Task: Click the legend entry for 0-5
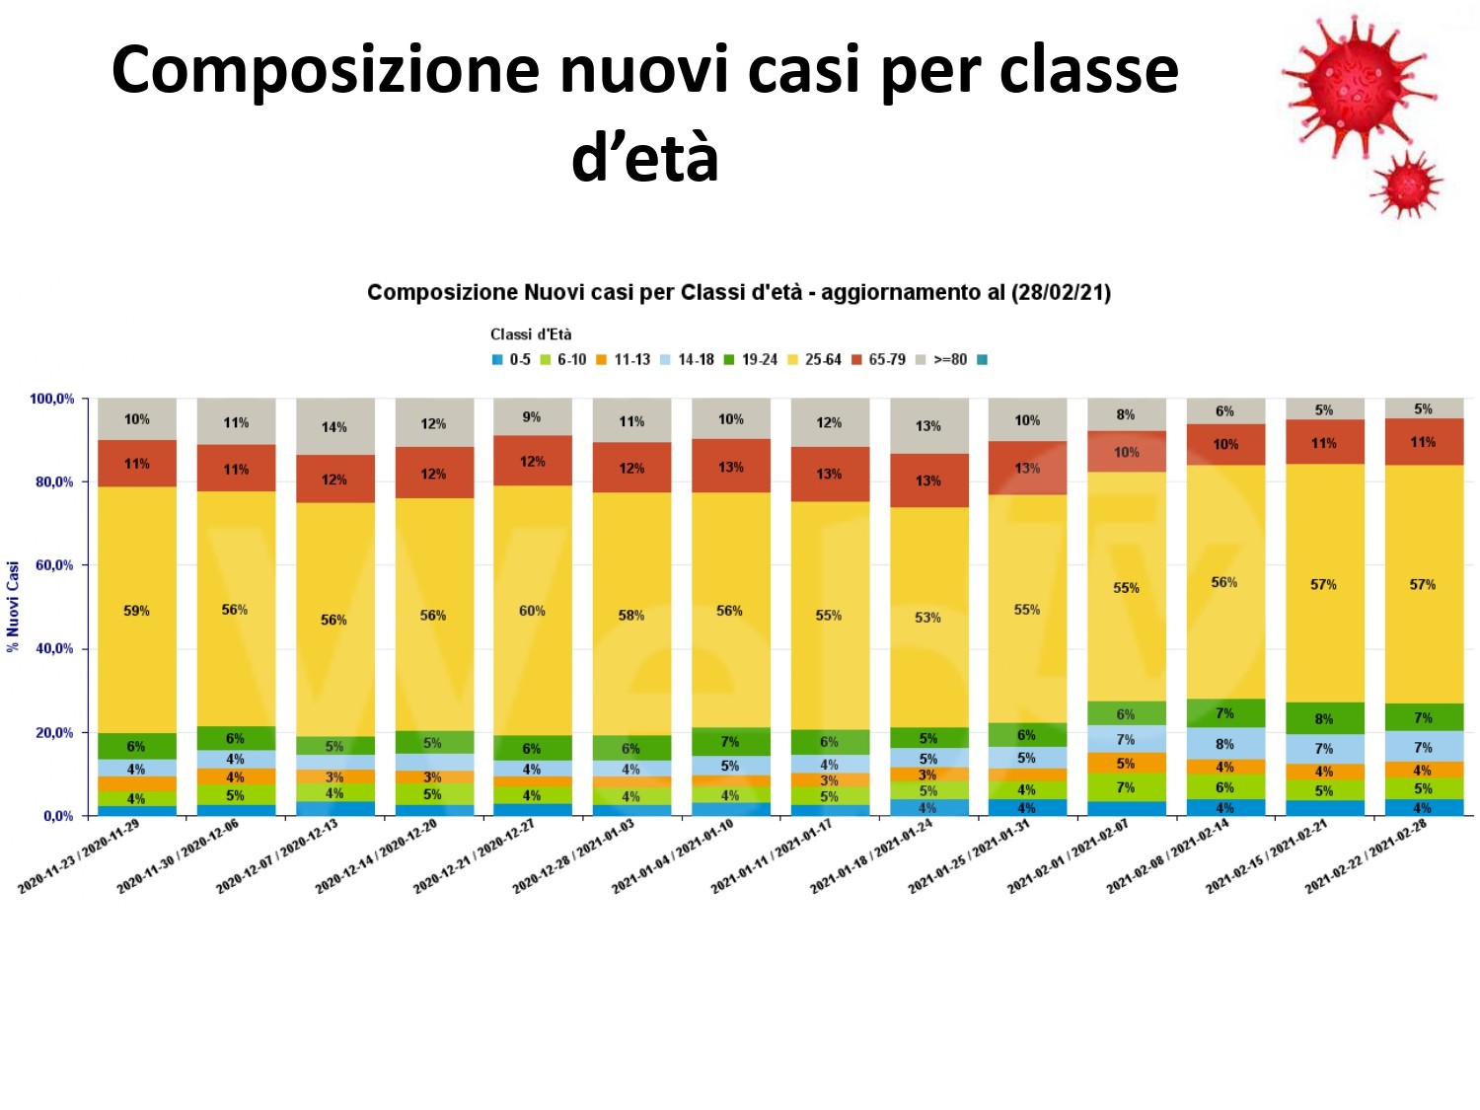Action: point(512,360)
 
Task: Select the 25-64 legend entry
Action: point(815,360)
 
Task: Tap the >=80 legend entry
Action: point(942,360)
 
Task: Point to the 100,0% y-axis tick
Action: point(52,400)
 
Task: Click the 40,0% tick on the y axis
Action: point(55,649)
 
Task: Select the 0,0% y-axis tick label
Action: point(58,816)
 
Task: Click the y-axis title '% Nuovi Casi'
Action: point(14,607)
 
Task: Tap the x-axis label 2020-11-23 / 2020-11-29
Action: point(79,856)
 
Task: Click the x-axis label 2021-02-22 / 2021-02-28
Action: point(1367,856)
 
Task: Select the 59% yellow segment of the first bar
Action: point(137,611)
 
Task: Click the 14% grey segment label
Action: point(334,427)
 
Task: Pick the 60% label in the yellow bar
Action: point(532,611)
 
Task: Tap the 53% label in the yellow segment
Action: point(927,618)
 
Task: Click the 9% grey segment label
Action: point(532,417)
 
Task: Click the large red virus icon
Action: point(1357,84)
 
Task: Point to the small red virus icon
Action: point(1408,185)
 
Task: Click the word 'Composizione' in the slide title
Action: point(326,71)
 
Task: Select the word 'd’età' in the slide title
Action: point(645,158)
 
